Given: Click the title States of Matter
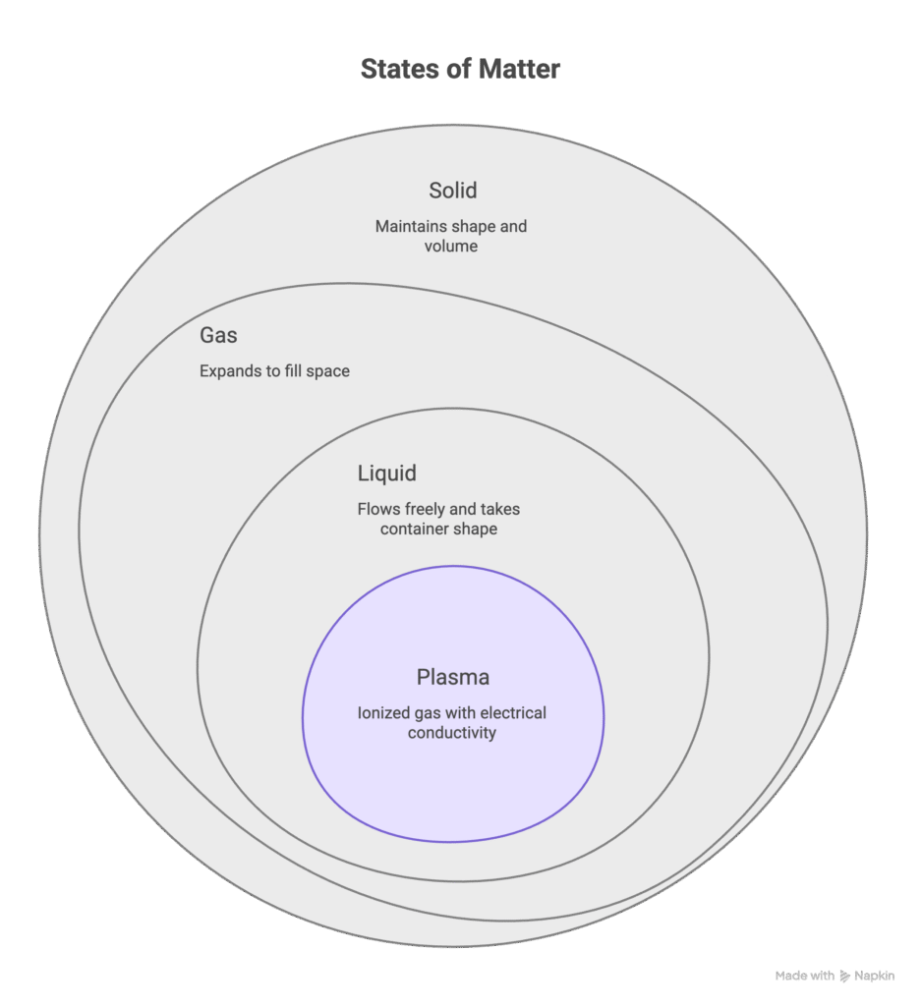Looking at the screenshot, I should pos(460,70).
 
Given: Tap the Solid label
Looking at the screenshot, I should pos(452,191).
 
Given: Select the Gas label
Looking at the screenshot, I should pos(218,335).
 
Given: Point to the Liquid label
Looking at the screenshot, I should pos(386,474).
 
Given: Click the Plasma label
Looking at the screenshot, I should pos(452,678).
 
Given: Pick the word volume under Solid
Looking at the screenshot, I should pos(452,246).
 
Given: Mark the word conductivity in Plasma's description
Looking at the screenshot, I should pos(452,732).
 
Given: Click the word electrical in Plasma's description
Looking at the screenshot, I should pos(509,712).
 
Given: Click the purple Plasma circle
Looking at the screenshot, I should pos(452,786).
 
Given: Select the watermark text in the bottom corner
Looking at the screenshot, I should pos(835,976).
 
